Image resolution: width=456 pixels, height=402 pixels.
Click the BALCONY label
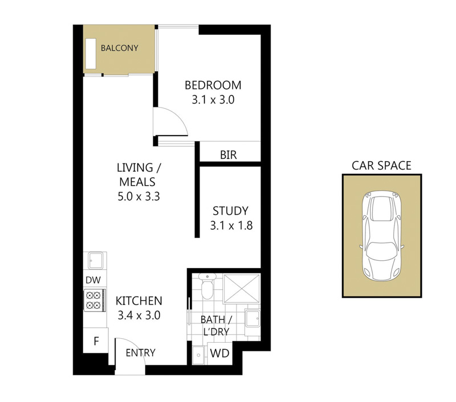119,48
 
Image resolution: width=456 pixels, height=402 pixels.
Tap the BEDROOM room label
213,85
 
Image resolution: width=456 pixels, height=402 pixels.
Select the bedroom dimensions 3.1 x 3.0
213,100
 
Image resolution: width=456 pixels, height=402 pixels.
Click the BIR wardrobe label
229,155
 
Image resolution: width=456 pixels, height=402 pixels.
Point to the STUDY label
230,211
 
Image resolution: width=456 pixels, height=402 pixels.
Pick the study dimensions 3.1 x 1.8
231,225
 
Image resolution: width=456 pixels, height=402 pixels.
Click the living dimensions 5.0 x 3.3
139,196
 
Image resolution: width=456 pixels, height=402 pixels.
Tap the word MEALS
137,182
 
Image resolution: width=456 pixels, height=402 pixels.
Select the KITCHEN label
139,301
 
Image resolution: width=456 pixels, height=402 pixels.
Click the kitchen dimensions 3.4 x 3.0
139,315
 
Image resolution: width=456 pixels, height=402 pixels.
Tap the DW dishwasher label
93,280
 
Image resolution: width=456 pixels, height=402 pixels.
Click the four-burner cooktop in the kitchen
95,300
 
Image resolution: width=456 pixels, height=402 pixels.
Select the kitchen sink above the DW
96,261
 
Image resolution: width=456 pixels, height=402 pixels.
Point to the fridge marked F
96,341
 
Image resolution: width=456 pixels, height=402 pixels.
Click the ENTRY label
140,352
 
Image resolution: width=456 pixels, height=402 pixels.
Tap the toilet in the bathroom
207,286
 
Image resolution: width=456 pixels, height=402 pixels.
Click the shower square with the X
241,289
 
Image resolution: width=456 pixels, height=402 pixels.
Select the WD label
220,354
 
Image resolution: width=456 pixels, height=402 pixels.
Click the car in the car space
381,236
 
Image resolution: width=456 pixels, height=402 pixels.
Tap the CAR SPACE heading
381,166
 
